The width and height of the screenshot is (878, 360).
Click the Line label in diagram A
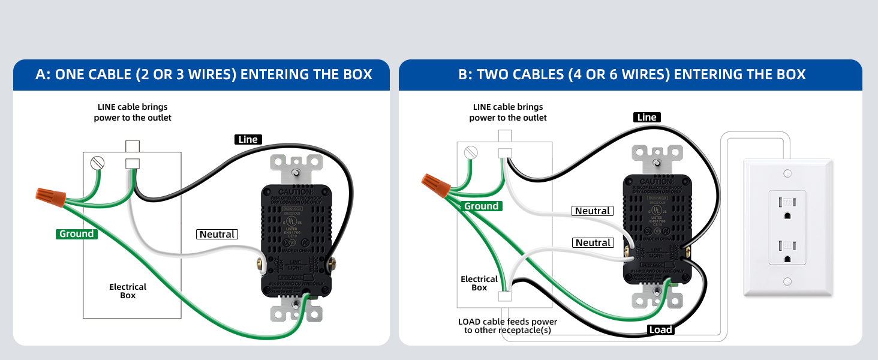[x=248, y=140]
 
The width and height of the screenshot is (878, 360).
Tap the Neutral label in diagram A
[x=217, y=234]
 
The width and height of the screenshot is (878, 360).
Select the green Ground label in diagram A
[x=77, y=234]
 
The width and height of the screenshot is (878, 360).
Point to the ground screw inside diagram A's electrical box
[x=97, y=163]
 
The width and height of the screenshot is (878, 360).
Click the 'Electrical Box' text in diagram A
[x=128, y=291]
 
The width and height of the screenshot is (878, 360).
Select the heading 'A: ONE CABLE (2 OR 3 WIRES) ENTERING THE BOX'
[x=204, y=74]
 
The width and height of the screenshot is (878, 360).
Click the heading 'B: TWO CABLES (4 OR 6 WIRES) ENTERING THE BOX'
[x=632, y=74]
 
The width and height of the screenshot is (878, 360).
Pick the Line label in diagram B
[x=647, y=117]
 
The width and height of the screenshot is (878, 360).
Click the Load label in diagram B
[x=661, y=329]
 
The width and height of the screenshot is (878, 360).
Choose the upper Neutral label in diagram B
[x=593, y=211]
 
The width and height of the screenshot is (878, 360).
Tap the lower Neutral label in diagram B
[x=593, y=242]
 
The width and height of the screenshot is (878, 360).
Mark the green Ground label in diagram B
[x=481, y=206]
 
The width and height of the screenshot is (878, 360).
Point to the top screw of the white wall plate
[x=787, y=173]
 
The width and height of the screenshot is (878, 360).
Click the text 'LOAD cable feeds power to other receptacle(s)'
[x=507, y=326]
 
